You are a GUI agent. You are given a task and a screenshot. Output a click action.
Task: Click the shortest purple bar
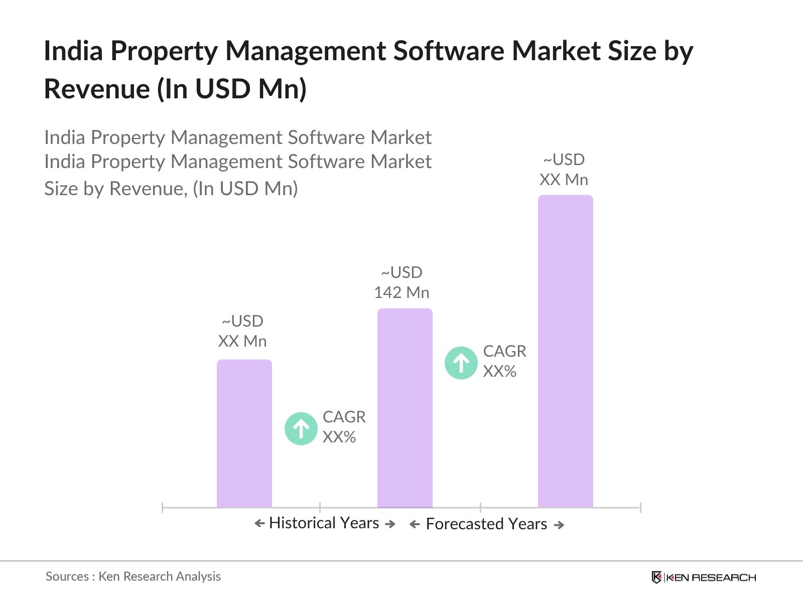tap(244, 433)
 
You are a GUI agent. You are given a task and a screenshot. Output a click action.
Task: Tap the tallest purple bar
tap(565, 351)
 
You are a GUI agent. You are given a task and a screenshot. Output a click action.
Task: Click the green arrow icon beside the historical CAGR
tap(301, 428)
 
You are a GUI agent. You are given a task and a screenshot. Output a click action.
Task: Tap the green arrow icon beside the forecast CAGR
tap(461, 363)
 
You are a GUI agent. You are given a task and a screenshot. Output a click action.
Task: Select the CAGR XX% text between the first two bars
tap(344, 427)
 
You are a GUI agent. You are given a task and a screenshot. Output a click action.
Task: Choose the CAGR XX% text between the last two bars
tap(504, 361)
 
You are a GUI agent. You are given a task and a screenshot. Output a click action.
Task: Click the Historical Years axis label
tap(324, 523)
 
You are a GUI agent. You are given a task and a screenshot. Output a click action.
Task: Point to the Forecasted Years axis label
tap(486, 524)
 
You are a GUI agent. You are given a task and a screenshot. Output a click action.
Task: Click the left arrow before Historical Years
tap(259, 524)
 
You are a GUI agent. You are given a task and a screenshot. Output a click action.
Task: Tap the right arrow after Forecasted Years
tap(559, 525)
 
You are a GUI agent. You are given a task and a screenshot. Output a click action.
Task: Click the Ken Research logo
tap(703, 577)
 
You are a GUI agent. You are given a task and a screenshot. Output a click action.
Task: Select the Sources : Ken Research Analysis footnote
tap(133, 576)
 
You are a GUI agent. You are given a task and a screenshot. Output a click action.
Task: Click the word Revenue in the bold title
tap(97, 89)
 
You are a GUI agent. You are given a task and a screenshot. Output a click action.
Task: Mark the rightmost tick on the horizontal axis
tap(640, 507)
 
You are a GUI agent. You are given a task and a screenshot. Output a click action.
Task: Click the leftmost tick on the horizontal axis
tap(163, 507)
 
